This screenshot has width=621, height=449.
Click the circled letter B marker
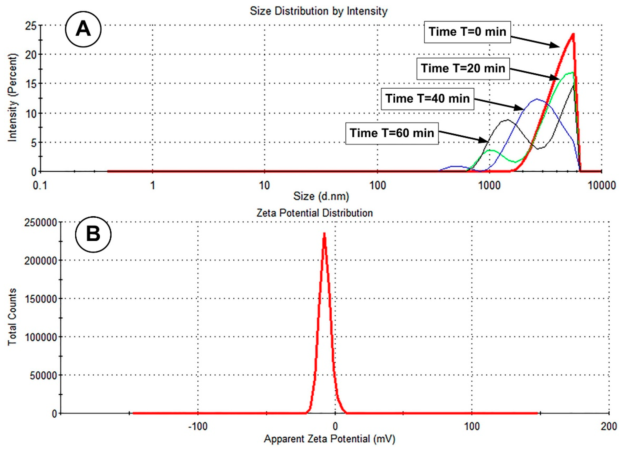tap(93, 235)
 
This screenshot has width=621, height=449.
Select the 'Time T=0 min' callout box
tap(467, 32)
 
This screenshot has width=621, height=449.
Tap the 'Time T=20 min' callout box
tap(463, 68)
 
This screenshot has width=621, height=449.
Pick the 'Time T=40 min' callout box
tap(427, 99)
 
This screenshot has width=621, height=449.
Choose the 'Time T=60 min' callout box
tap(392, 133)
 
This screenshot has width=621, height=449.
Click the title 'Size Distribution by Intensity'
tap(318, 11)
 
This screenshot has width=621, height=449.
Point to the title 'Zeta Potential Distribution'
tap(314, 213)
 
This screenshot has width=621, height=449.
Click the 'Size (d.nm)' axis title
tap(321, 196)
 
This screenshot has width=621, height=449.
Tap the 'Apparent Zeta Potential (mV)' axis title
tap(329, 439)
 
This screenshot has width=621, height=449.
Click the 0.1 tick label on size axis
tap(40, 186)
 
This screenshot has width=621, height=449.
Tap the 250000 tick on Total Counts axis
tap(40, 222)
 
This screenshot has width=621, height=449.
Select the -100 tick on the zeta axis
tap(198, 427)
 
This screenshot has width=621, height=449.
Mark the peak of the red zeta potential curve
tap(324, 234)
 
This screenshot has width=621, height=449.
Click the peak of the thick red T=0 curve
tap(573, 34)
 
